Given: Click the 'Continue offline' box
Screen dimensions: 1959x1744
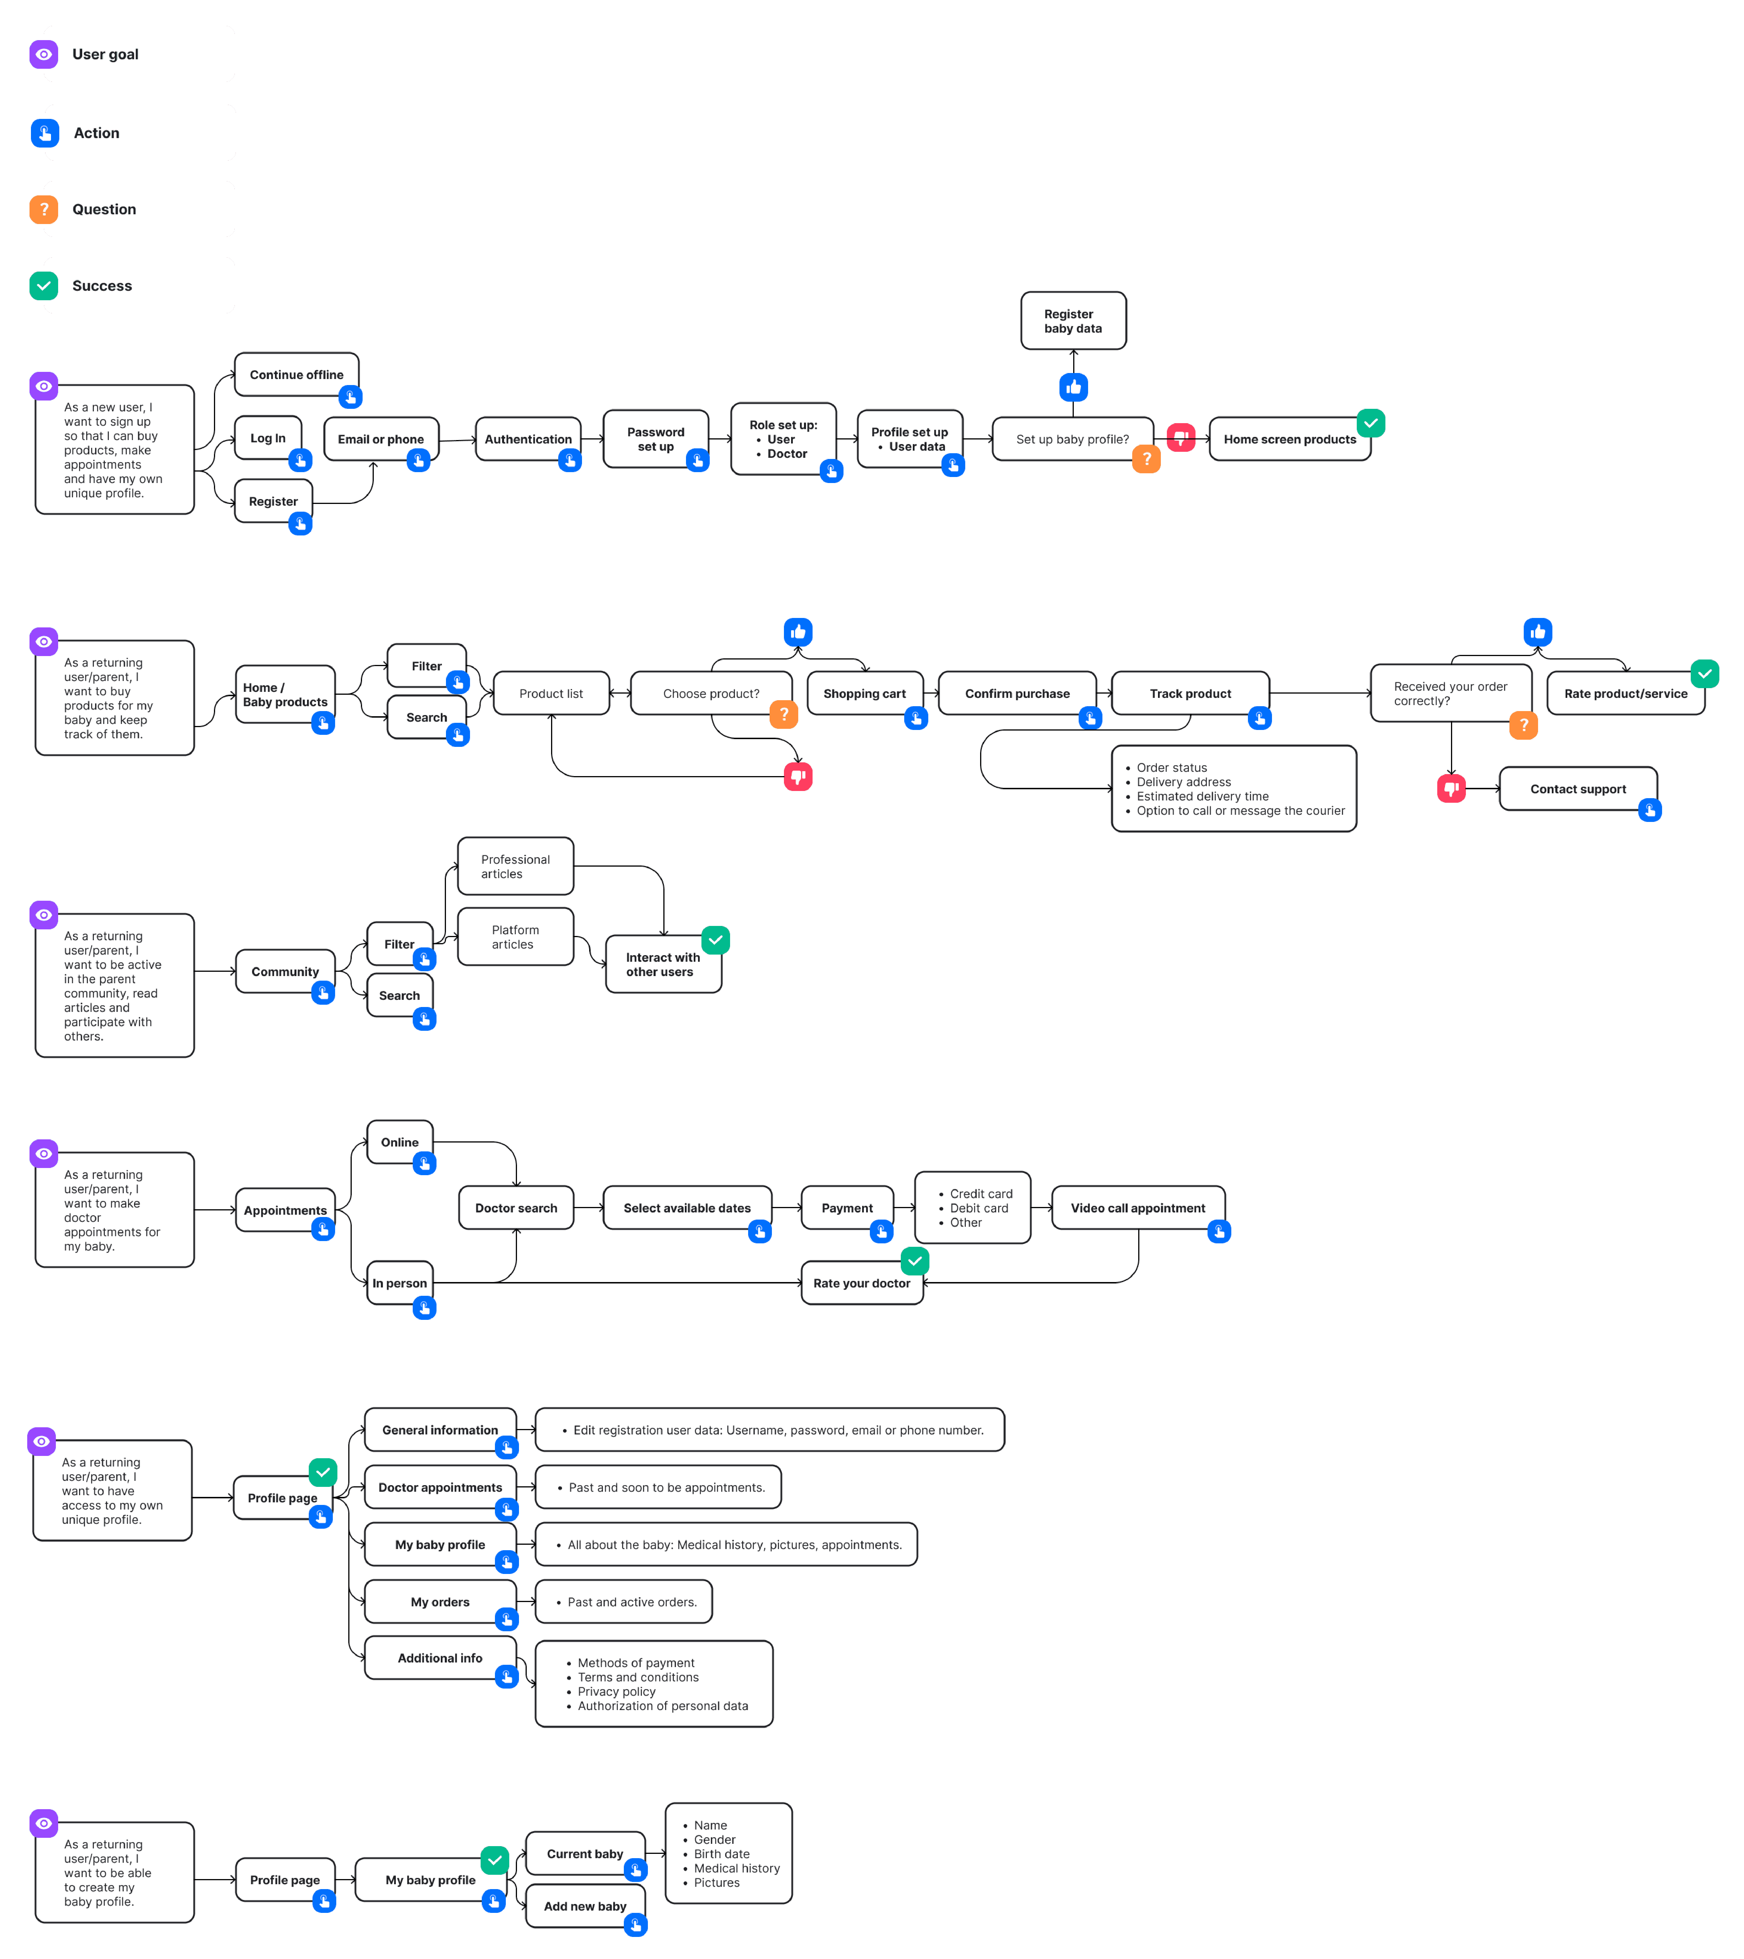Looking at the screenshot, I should pyautogui.click(x=296, y=375).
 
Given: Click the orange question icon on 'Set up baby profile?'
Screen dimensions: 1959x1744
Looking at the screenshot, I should pyautogui.click(x=1146, y=459).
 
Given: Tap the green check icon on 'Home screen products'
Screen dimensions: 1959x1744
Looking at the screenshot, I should pyautogui.click(x=1370, y=423).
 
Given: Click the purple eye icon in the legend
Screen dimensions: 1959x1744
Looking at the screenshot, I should pyautogui.click(x=44, y=55).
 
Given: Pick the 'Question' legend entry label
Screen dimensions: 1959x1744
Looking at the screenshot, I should pyautogui.click(x=105, y=209).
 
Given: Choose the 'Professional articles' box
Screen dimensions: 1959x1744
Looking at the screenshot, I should pyautogui.click(x=516, y=866).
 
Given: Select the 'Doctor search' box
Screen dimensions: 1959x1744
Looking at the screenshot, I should pyautogui.click(x=516, y=1208).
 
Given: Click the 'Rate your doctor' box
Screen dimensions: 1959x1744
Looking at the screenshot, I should pyautogui.click(x=862, y=1283).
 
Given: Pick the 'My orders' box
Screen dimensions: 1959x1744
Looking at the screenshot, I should pyautogui.click(x=440, y=1601).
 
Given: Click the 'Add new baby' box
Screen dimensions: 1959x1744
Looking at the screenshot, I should pyautogui.click(x=585, y=1906).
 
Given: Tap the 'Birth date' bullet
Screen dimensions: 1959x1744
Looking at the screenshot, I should pyautogui.click(x=721, y=1854).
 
